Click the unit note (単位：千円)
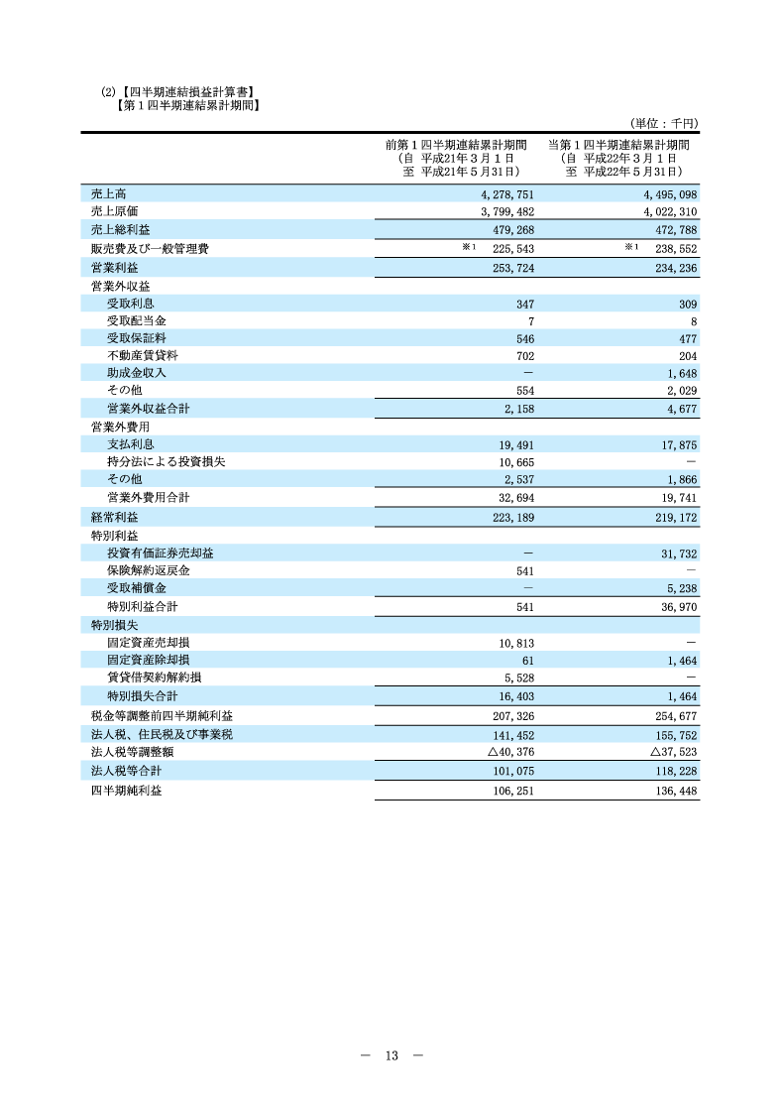point(664,123)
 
